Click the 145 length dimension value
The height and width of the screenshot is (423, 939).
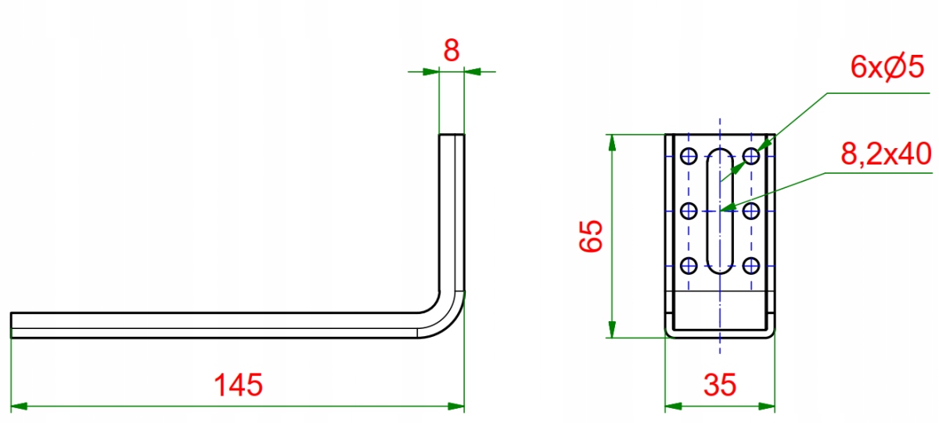[x=239, y=385]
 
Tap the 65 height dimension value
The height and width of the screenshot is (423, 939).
[x=592, y=236]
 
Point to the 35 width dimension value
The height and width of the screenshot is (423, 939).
[x=719, y=385]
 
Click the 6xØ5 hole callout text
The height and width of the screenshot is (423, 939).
[x=888, y=69]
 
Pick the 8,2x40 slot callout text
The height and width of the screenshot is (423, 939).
[x=884, y=154]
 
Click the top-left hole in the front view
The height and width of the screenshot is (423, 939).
[x=689, y=155]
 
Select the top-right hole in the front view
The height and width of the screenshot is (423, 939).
[x=751, y=155]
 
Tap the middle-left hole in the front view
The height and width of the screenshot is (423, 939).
[x=689, y=210]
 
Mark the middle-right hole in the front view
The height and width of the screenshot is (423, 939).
[x=751, y=210]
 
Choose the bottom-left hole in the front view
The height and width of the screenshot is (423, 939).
[x=689, y=265]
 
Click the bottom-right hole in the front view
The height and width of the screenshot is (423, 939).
[x=751, y=265]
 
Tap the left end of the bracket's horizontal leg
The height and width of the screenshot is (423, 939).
[x=13, y=324]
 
